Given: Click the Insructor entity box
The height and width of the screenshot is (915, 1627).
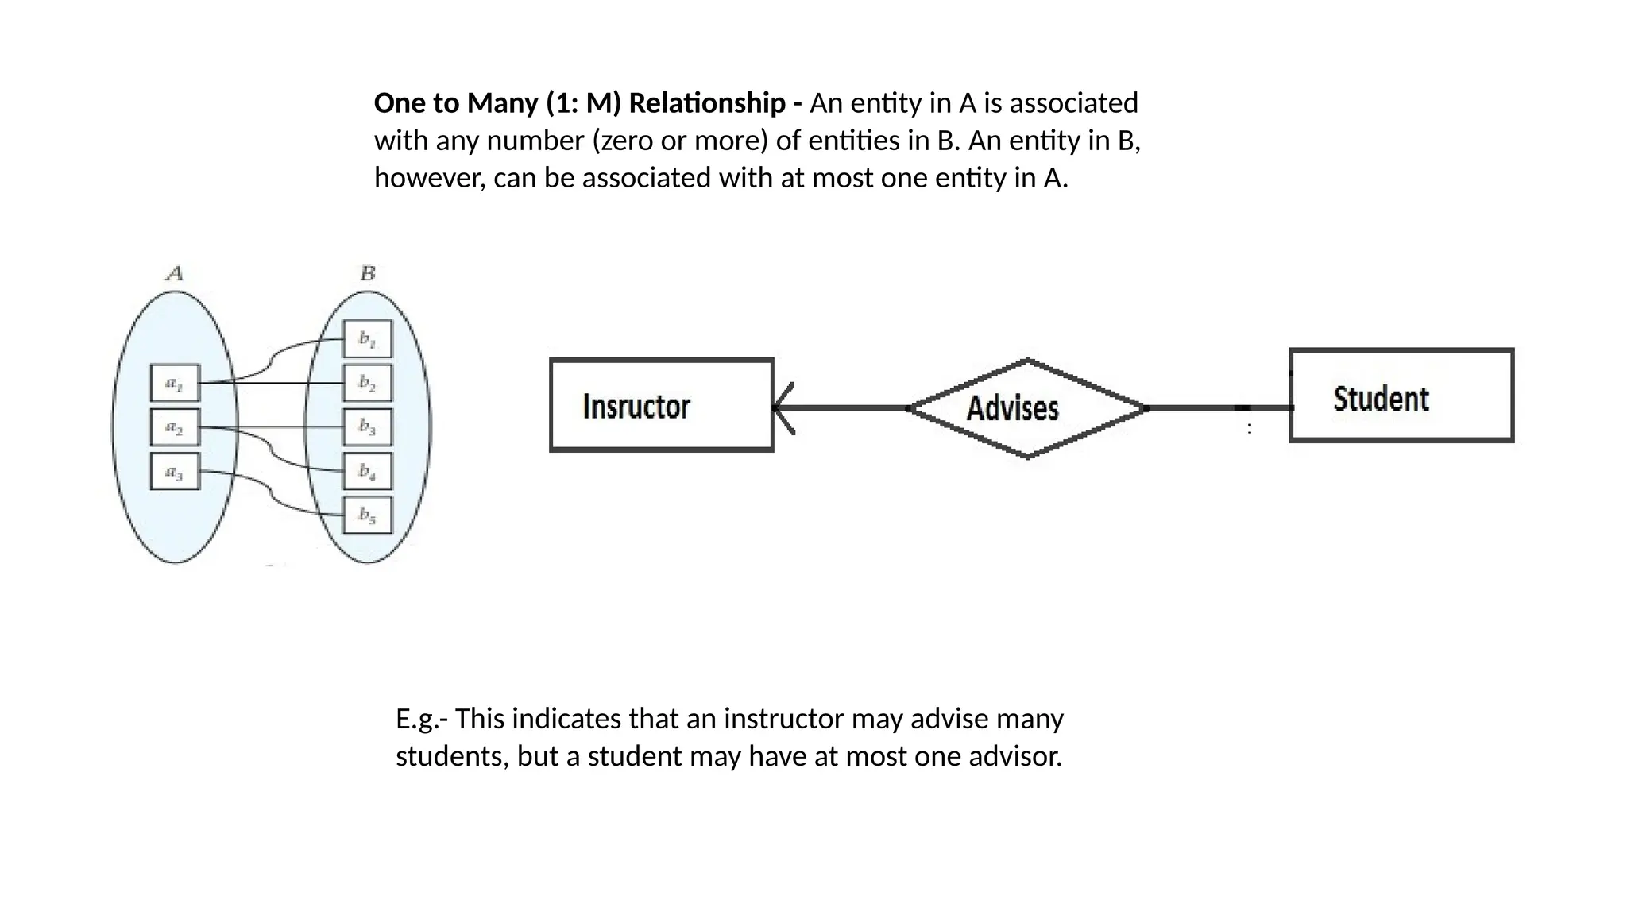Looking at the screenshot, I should pos(661,405).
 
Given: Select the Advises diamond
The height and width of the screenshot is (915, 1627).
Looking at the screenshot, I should pos(1027,408).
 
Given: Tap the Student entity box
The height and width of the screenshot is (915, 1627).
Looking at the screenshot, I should pos(1401,396).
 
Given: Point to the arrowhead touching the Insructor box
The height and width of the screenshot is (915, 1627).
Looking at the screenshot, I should pos(783,408).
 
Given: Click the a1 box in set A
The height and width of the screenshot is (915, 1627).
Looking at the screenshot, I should pos(175,384).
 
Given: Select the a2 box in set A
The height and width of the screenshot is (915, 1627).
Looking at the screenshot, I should pos(175,427).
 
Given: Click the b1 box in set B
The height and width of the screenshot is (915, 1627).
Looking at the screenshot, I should pos(367,339).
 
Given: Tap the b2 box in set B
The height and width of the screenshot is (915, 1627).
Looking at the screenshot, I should pos(367,383).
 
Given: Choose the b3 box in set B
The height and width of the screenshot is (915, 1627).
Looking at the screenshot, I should pos(367,427).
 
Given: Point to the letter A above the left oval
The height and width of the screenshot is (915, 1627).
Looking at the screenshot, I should pos(175,274).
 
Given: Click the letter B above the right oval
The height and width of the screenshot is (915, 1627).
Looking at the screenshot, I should pos(367,274).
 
